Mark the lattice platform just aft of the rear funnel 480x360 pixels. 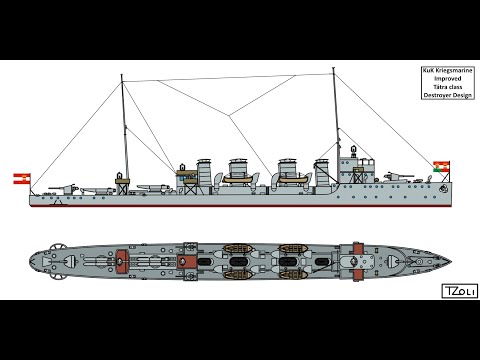[184, 176]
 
